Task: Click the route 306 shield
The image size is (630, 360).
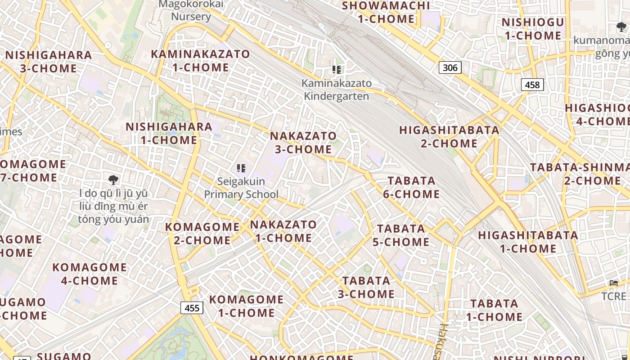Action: click(x=450, y=67)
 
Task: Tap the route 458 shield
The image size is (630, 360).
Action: click(x=532, y=85)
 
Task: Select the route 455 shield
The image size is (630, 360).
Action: click(x=192, y=308)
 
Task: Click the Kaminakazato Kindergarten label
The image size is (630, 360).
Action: click(x=337, y=90)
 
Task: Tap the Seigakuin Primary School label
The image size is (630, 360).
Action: click(x=241, y=188)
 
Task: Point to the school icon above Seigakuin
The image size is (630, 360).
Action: click(x=241, y=168)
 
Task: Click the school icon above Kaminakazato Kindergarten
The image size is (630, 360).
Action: click(x=337, y=70)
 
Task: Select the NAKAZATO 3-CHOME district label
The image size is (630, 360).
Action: click(x=303, y=142)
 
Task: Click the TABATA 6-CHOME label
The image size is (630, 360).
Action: click(x=411, y=187)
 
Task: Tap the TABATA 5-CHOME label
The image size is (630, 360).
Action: click(x=401, y=235)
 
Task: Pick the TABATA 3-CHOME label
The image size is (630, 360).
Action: click(x=366, y=287)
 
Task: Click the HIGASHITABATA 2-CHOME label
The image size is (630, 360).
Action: click(x=449, y=137)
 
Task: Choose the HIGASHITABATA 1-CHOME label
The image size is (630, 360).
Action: click(x=528, y=242)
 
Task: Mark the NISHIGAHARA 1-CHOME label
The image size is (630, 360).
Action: click(x=169, y=133)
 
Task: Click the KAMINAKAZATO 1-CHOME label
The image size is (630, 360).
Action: click(x=200, y=60)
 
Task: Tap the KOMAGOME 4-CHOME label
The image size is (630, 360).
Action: click(x=90, y=274)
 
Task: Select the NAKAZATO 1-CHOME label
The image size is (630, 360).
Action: click(x=283, y=231)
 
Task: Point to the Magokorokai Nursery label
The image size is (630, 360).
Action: click(x=191, y=10)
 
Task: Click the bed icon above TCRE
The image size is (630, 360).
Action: click(x=614, y=283)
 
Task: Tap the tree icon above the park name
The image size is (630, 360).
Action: click(x=113, y=180)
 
